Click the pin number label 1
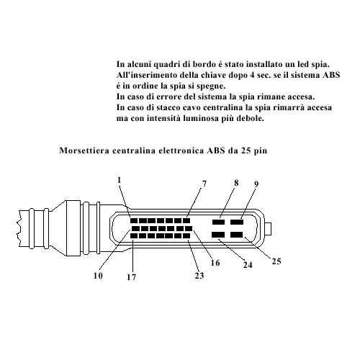(120, 180)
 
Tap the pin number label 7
(204, 184)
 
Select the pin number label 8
(236, 183)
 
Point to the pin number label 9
(256, 184)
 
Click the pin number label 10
(98, 276)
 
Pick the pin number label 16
(215, 263)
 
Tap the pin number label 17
(131, 277)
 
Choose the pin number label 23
(199, 276)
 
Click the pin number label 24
(248, 265)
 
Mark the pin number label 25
(276, 261)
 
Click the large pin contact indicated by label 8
(218, 222)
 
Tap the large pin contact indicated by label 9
(237, 222)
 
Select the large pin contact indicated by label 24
(218, 235)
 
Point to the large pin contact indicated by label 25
(237, 235)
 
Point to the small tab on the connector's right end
(268, 229)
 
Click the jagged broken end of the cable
(19, 228)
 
